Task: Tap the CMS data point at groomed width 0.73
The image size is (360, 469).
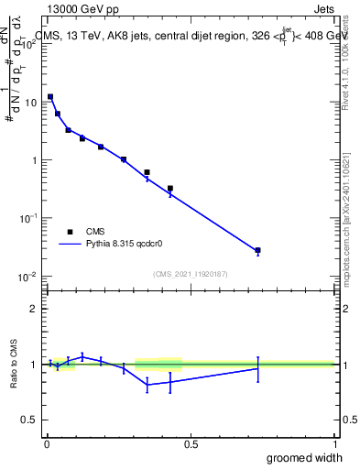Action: pos(258,250)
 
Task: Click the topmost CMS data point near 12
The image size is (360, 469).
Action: pos(50,96)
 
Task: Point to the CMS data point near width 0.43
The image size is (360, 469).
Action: pos(170,188)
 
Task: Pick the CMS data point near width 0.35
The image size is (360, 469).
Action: pos(147,172)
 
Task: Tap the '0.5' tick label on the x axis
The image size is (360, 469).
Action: pos(191,442)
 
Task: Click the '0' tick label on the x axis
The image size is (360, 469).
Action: pos(47,442)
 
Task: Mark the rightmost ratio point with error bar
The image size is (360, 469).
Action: pos(258,368)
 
